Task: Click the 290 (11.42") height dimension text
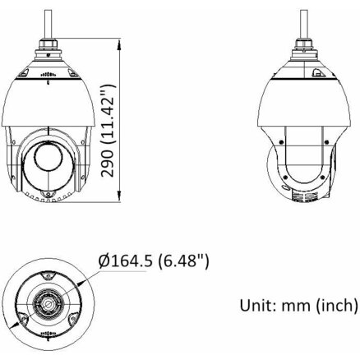tap(108, 131)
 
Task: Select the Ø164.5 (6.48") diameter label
tap(154, 261)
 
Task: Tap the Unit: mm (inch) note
tap(299, 305)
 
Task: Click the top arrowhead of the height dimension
tap(119, 44)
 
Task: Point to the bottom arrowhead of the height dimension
tap(119, 196)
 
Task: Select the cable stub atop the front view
tap(48, 24)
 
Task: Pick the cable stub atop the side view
tap(304, 24)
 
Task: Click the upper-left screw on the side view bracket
tap(281, 142)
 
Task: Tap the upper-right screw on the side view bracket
tap(326, 142)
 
